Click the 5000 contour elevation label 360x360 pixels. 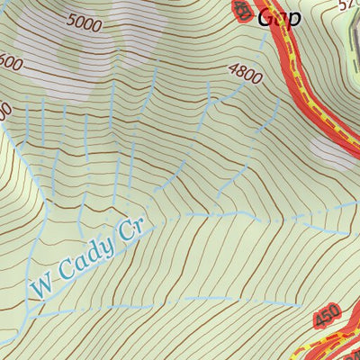(85, 23)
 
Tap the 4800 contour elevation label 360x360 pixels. (245, 74)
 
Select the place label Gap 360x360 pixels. (278, 17)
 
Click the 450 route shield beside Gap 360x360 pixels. (242, 10)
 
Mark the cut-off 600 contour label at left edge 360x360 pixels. (10, 65)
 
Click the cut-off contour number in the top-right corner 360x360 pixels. (349, 4)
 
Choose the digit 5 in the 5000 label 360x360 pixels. (71, 19)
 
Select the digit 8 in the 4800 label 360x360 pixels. (240, 72)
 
